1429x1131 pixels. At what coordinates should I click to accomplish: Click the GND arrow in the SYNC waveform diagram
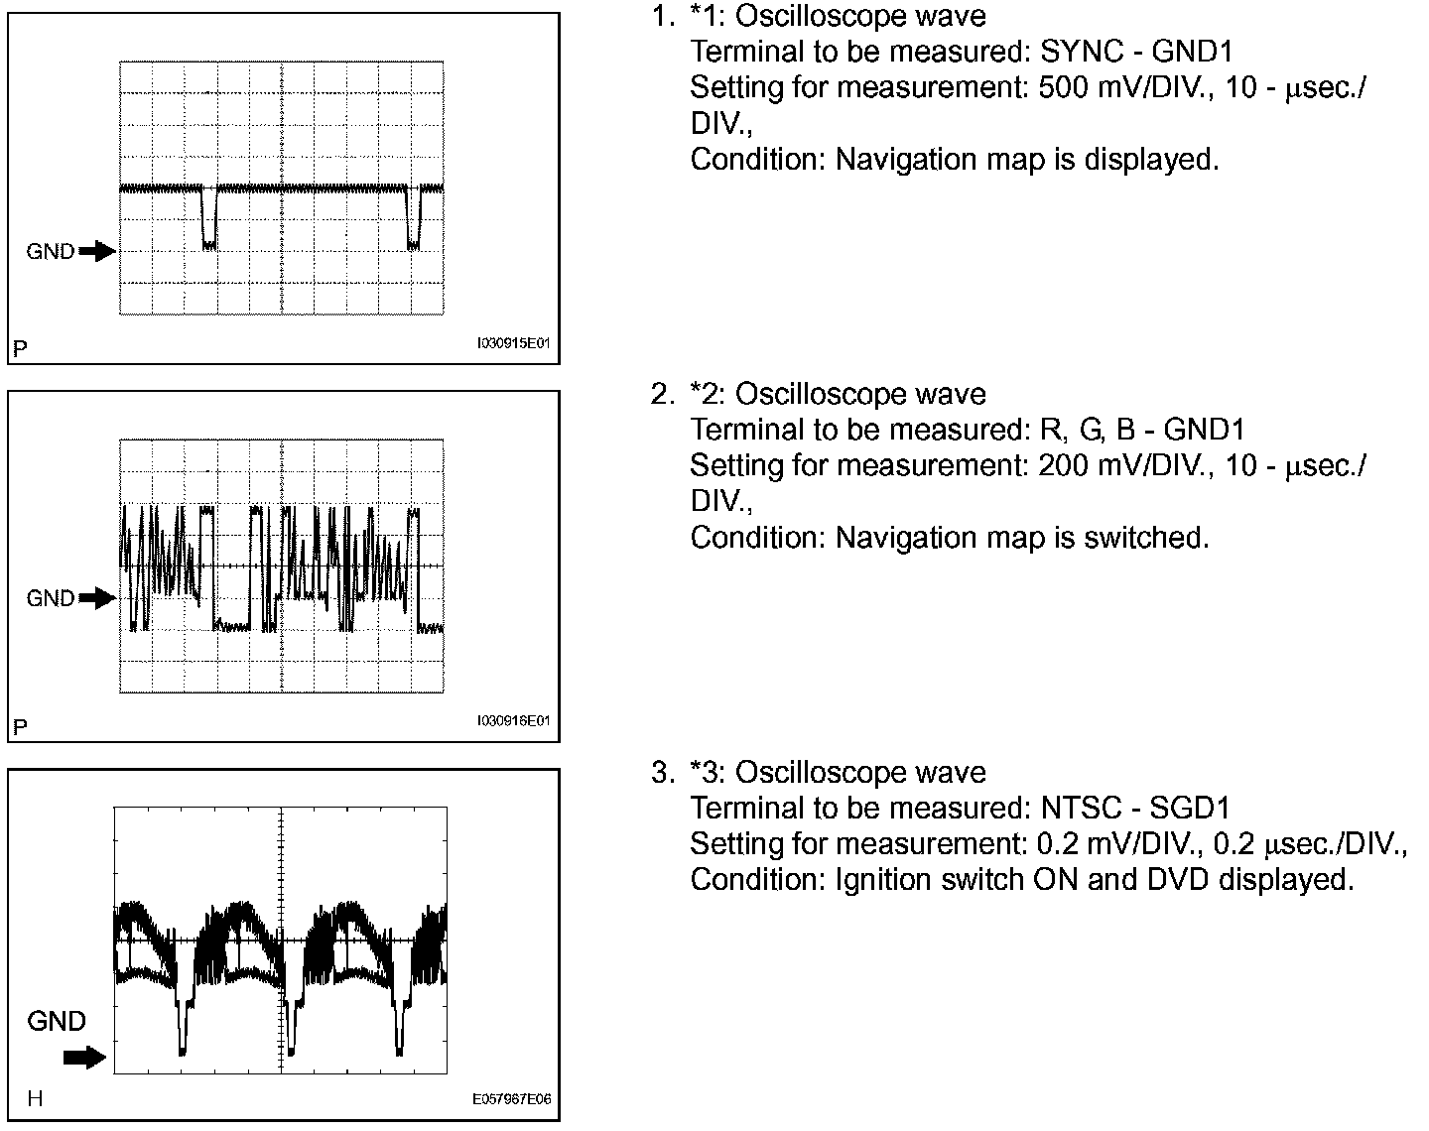coord(97,252)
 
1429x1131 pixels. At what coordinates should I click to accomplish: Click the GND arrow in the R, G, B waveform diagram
coord(97,598)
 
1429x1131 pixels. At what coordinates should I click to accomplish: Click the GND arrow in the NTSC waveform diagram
coord(84,1058)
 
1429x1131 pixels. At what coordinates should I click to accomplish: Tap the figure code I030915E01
coord(513,344)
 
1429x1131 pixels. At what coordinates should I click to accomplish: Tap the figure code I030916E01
coord(513,721)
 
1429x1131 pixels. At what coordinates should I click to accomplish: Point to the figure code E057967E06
coord(512,1099)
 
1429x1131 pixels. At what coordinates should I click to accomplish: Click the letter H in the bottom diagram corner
coord(35,1099)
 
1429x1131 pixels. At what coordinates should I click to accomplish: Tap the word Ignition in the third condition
coord(882,880)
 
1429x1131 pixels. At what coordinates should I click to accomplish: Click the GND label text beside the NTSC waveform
coord(57,1021)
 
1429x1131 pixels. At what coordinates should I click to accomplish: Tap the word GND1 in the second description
coord(1204,430)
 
